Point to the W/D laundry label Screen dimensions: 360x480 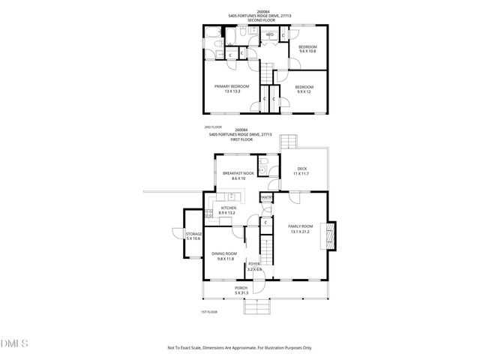point(269,34)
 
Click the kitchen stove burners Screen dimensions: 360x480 point(209,212)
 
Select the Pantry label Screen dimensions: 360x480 point(266,197)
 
